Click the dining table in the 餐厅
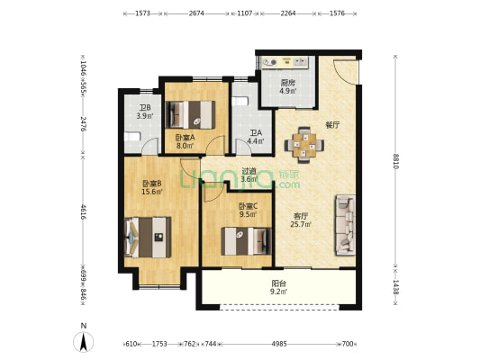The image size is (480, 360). [303, 145]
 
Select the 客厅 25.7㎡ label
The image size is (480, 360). [302, 219]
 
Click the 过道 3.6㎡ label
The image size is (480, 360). [249, 174]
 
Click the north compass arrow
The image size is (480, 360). [84, 341]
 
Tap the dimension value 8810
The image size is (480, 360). [397, 161]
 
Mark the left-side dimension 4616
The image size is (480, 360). [83, 213]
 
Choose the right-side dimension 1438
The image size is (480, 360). [397, 287]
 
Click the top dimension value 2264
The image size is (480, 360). [288, 14]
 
